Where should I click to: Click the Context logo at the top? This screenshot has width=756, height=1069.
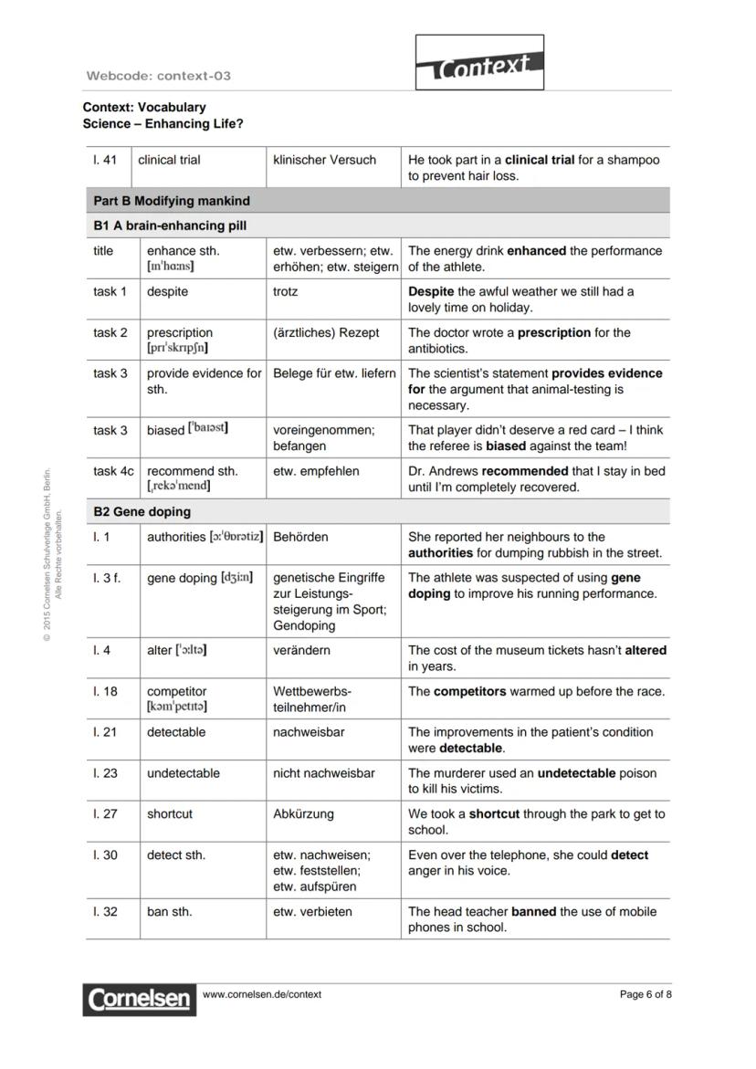480,63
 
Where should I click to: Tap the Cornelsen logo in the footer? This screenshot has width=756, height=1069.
140,999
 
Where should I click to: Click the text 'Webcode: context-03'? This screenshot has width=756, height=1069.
158,76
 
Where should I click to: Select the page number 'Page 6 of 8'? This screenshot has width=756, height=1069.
646,994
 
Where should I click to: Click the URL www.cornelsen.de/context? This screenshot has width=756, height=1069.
262,994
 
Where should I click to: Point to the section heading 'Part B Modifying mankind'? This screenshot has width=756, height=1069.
171,201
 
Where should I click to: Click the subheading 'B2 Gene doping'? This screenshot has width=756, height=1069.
142,512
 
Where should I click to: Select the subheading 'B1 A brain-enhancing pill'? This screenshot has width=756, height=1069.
170,225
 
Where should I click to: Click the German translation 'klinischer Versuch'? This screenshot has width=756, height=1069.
324,160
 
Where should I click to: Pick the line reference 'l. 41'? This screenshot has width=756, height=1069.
105,160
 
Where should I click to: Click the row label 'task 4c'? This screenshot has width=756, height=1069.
113,471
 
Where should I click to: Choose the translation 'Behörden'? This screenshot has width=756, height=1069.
300,537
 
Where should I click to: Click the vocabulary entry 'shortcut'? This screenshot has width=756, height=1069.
170,813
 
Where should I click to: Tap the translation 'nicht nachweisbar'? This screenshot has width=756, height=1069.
323,773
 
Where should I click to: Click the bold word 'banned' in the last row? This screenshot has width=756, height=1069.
533,911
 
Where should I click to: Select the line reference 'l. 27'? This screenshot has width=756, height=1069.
105,813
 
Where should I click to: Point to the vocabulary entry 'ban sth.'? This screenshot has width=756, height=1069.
170,911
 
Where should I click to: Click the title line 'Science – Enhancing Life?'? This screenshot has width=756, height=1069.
163,124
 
